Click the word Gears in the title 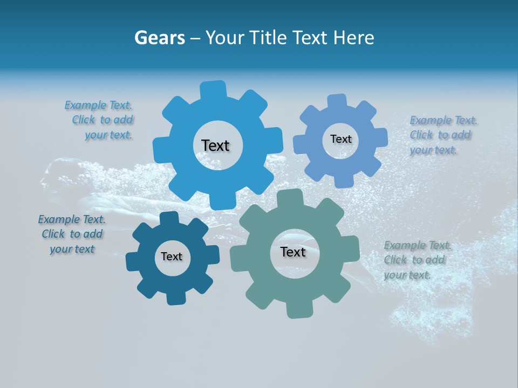pos(159,38)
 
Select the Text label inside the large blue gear pos(215,145)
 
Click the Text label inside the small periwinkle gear pos(340,139)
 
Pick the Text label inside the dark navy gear pos(172,257)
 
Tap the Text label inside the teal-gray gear pos(293,252)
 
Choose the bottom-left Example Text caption pos(72,234)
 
